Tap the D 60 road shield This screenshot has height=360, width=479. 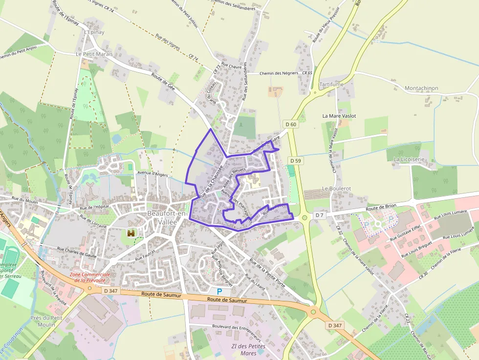point(291,125)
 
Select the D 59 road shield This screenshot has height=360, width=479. point(295,160)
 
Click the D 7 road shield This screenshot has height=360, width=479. point(319,215)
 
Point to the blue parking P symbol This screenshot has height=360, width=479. point(219,292)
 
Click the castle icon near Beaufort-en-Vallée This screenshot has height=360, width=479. point(131,233)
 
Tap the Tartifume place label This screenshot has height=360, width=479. point(331,85)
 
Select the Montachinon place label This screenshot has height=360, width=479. point(421,88)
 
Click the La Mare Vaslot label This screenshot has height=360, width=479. point(339,116)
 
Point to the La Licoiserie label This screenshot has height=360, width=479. point(410,159)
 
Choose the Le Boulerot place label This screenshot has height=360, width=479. point(336,189)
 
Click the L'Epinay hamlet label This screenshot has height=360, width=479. point(94,32)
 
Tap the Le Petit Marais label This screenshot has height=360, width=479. point(94,54)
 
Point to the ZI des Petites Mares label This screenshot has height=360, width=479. point(248,350)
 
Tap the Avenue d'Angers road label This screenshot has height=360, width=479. point(152,173)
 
